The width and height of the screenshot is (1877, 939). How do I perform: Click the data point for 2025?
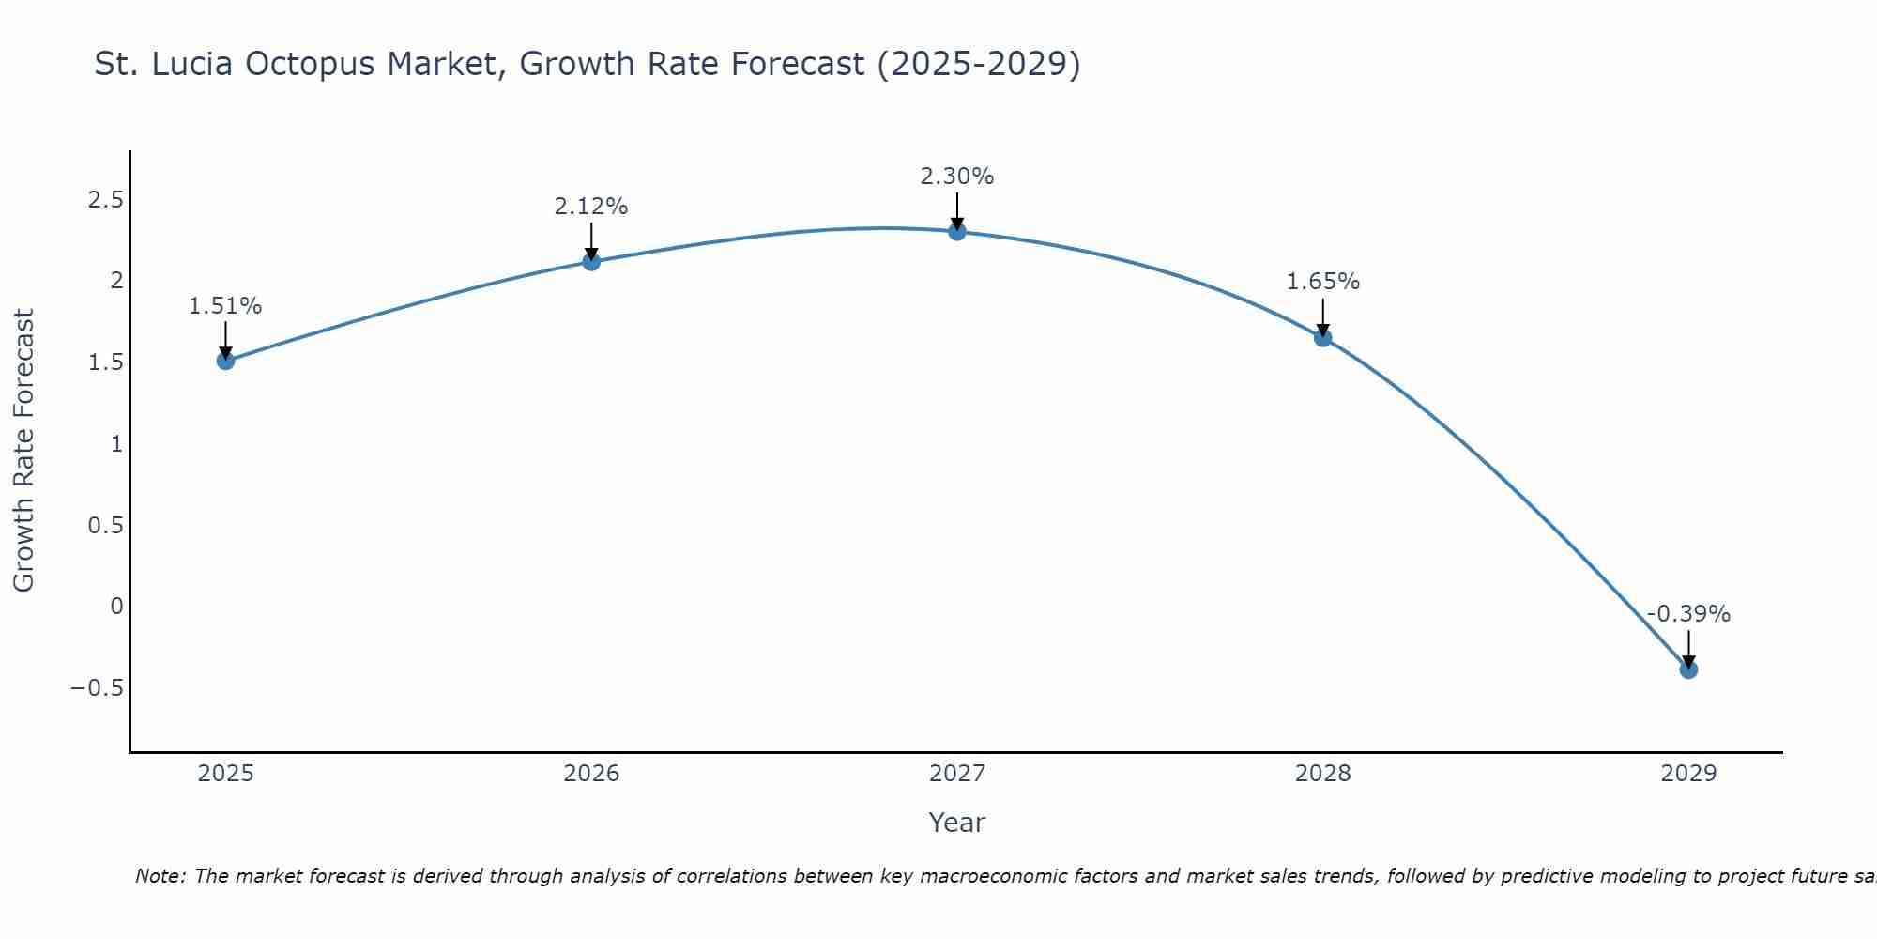tap(225, 361)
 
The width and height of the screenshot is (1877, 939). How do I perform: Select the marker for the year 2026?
tap(591, 261)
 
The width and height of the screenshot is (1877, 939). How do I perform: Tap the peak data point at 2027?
tap(957, 231)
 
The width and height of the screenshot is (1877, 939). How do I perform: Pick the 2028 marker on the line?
tap(1323, 337)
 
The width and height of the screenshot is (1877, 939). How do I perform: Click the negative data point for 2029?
tap(1688, 670)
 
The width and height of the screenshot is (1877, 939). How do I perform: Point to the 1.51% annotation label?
tap(225, 306)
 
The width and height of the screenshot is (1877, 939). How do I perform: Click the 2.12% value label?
tap(591, 207)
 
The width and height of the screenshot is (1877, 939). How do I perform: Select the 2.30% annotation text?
tap(957, 177)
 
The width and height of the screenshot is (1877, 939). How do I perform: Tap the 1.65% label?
tap(1323, 282)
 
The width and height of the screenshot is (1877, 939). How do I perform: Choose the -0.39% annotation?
tap(1688, 614)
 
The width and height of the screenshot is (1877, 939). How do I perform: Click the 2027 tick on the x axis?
tap(957, 774)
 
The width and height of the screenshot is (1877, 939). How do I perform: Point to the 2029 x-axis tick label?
tap(1688, 774)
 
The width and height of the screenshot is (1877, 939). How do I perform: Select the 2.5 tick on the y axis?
tap(106, 200)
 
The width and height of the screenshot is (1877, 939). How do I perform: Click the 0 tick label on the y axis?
tap(116, 607)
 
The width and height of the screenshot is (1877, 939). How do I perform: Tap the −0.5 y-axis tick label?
tap(97, 688)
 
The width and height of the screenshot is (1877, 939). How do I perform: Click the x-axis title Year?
tap(957, 823)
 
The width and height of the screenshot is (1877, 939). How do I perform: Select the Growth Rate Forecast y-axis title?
tap(24, 451)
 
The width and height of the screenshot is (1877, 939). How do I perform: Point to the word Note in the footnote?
tap(160, 877)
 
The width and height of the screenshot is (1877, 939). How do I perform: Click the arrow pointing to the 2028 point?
tap(1323, 317)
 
